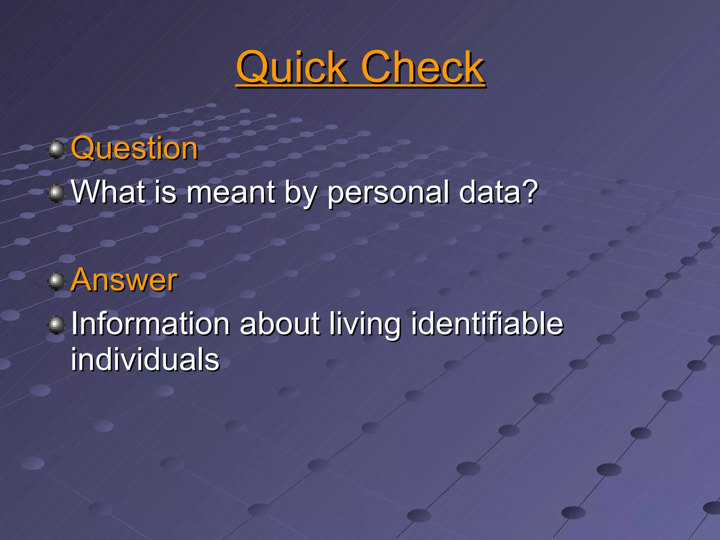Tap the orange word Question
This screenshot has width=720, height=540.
click(134, 148)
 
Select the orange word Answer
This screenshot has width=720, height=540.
click(124, 280)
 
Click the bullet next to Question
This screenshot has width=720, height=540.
click(56, 149)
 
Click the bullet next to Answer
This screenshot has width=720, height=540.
click(56, 281)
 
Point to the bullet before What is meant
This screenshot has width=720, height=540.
click(56, 193)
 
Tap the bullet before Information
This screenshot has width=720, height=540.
click(56, 325)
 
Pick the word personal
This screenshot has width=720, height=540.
click(388, 193)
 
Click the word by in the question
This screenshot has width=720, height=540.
click(300, 193)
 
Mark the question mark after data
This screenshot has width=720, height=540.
click(529, 192)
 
